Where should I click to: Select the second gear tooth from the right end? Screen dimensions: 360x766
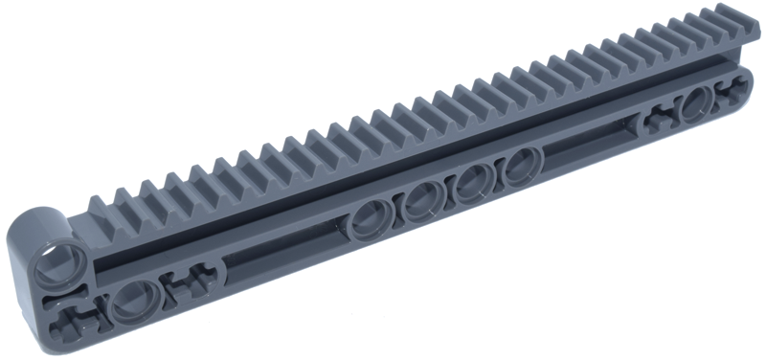[x=713, y=26]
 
